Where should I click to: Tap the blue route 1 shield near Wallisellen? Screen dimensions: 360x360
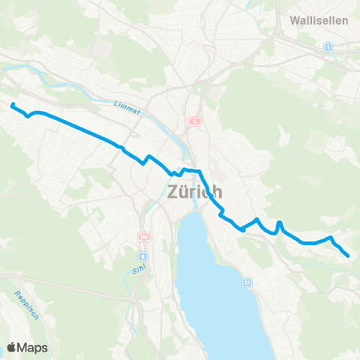[328, 47]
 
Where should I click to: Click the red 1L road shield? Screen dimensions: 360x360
[196, 121]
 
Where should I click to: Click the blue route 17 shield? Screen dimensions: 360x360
[247, 283]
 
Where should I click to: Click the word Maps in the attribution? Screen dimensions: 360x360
[32, 347]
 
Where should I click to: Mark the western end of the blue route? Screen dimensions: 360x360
[13, 104]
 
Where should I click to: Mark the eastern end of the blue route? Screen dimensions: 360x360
[349, 256]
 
